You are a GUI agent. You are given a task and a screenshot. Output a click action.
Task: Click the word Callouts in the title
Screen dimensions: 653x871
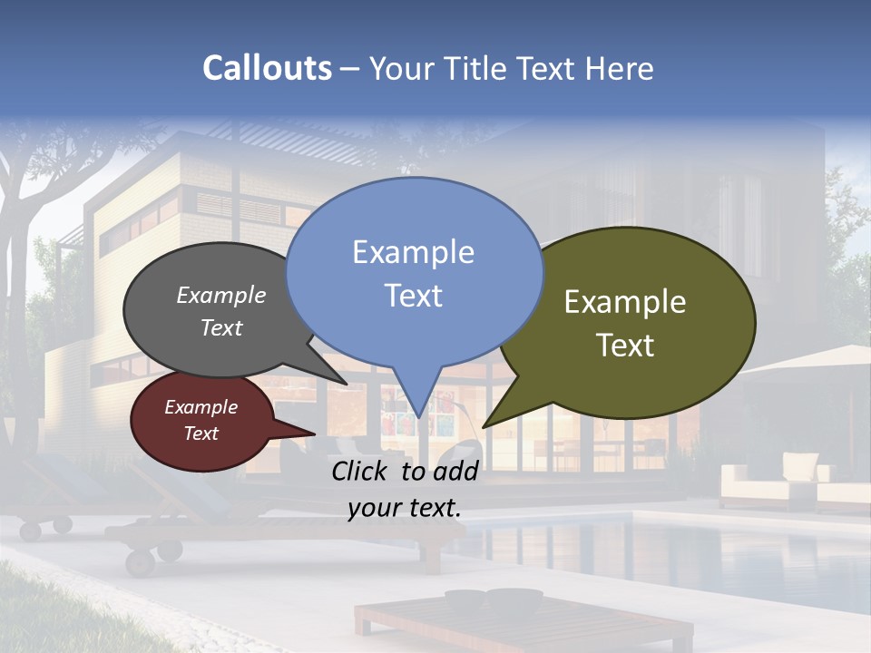click(x=267, y=68)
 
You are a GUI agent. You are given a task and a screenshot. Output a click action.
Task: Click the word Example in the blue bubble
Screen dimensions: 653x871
click(x=414, y=252)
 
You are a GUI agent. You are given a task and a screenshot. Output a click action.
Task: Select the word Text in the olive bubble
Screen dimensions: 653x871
click(x=625, y=346)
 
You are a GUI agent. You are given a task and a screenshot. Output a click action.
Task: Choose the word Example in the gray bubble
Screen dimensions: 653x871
click(x=221, y=296)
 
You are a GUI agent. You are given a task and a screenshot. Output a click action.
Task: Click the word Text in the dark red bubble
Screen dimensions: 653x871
click(x=201, y=434)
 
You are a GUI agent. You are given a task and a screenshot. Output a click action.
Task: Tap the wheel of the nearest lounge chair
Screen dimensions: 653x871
click(x=141, y=561)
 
